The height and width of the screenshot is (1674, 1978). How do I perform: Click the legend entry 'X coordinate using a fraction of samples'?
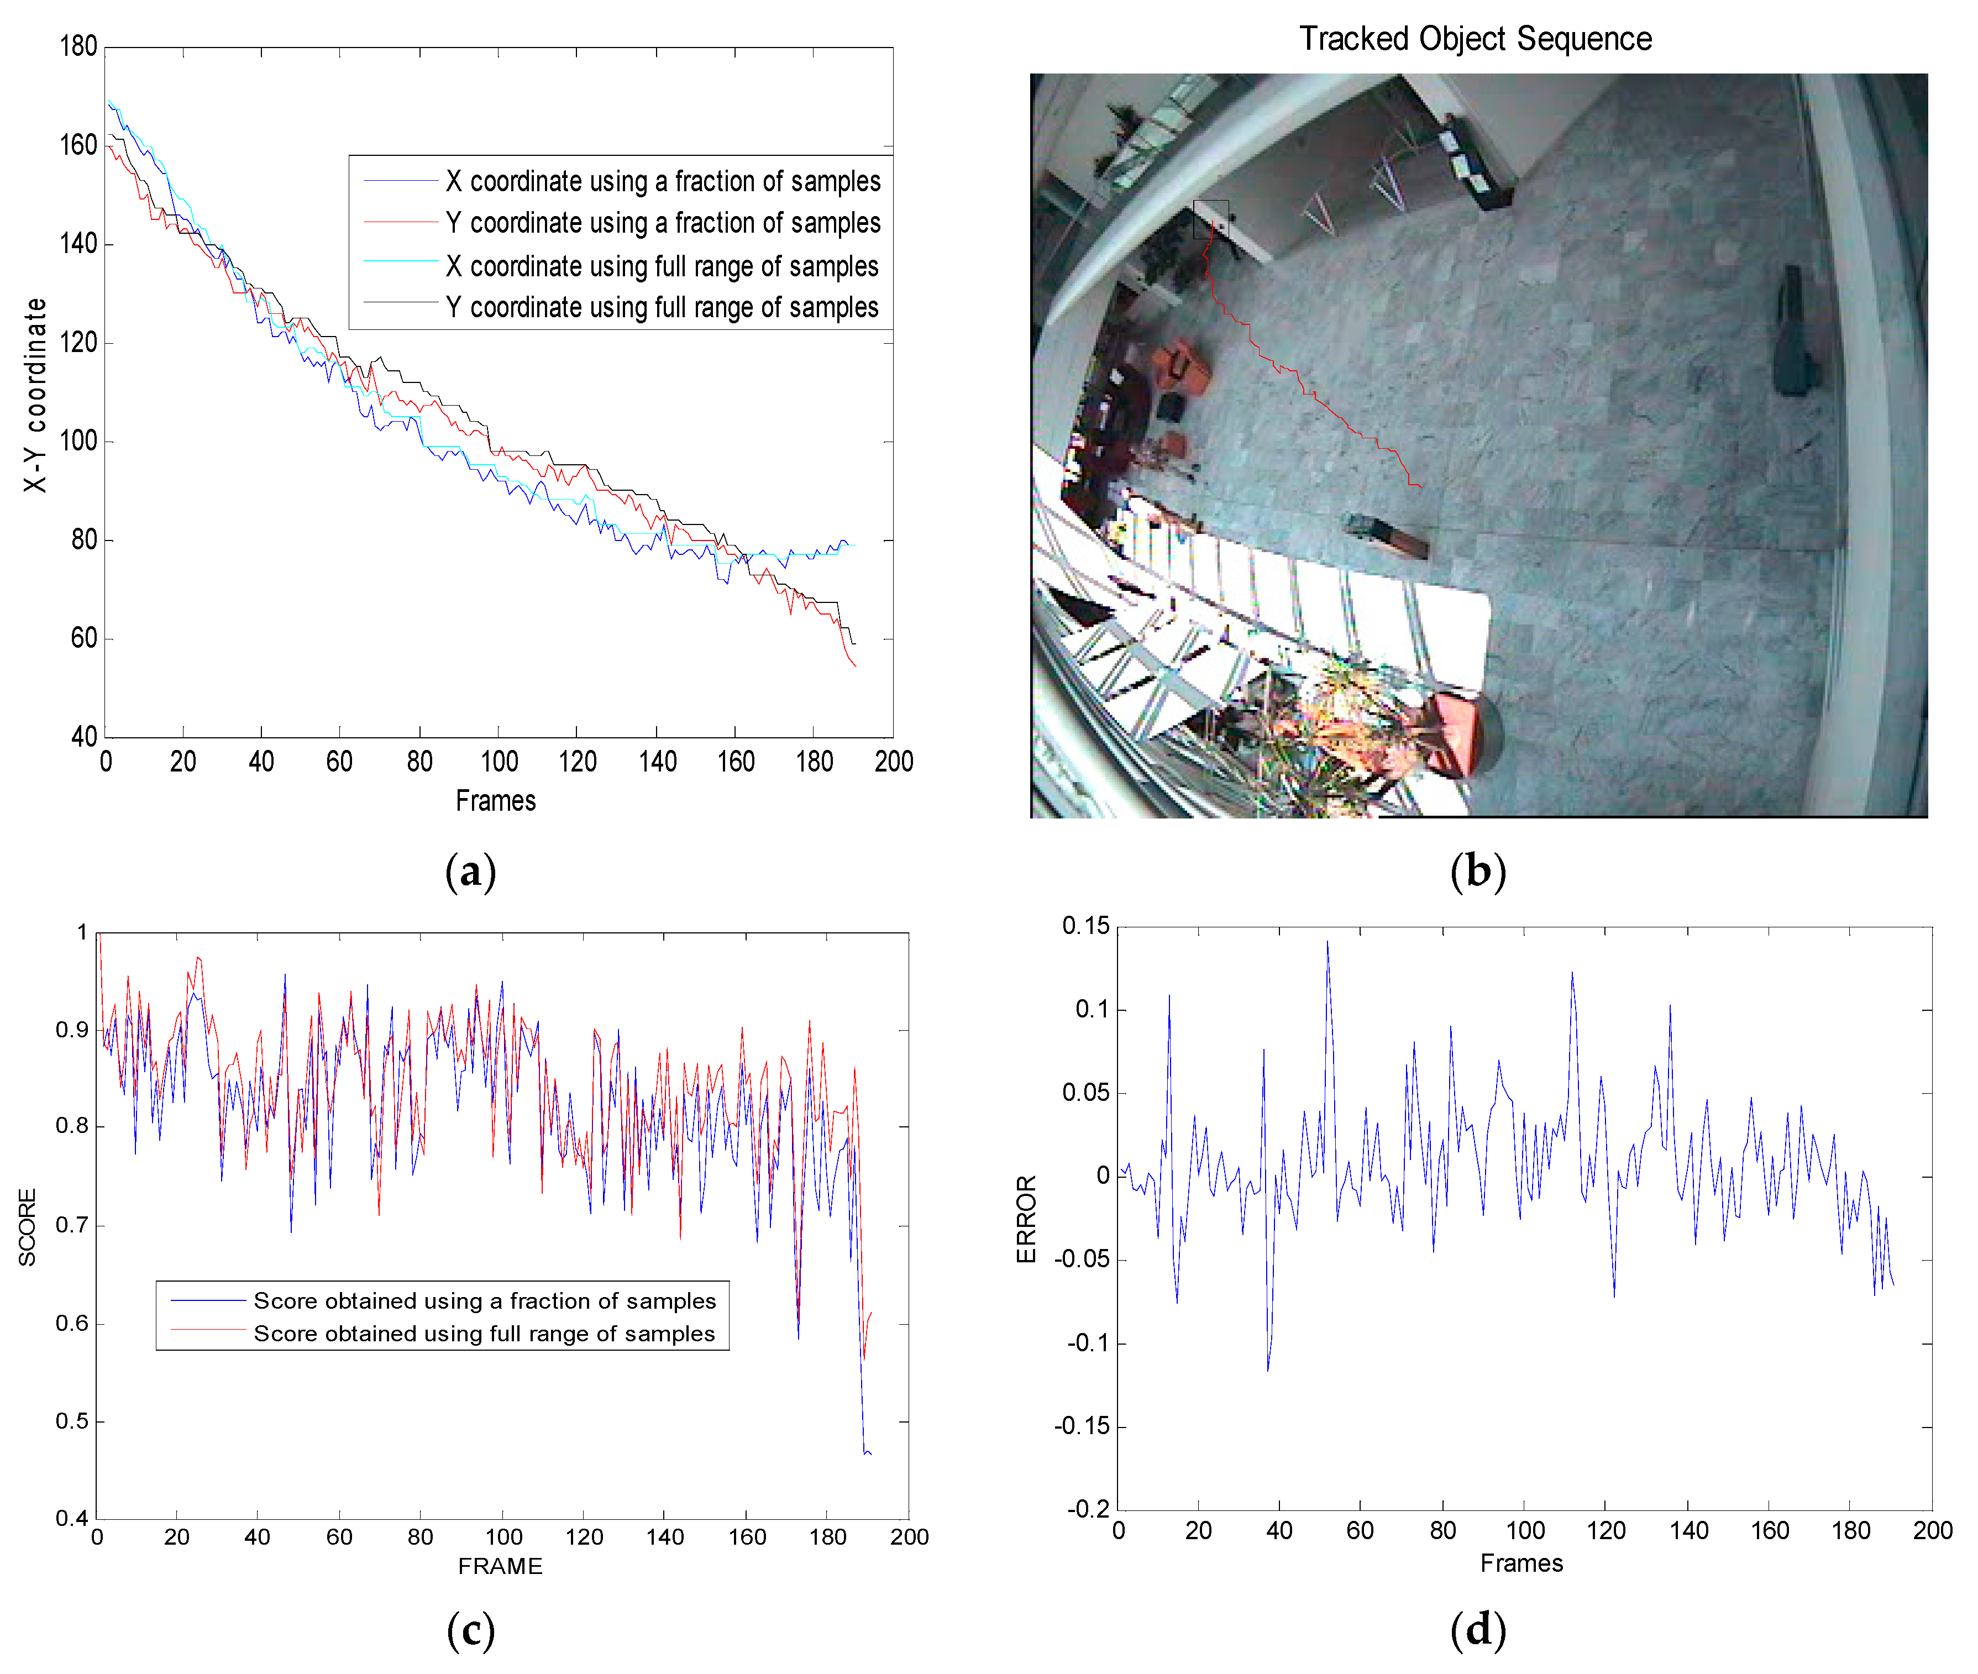pos(663,181)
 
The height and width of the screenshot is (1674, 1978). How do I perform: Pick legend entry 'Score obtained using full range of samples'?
pos(484,1334)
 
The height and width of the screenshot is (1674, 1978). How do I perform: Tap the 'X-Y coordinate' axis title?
pos(35,395)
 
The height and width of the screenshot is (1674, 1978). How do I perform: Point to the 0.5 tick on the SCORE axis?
pos(72,1421)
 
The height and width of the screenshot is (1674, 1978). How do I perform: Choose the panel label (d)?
pos(1478,1630)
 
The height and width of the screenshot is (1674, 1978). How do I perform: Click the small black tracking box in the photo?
pos(1210,219)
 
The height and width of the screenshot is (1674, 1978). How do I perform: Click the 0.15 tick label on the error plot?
pos(1085,926)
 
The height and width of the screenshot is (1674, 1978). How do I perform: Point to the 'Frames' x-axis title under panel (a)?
pos(495,801)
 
